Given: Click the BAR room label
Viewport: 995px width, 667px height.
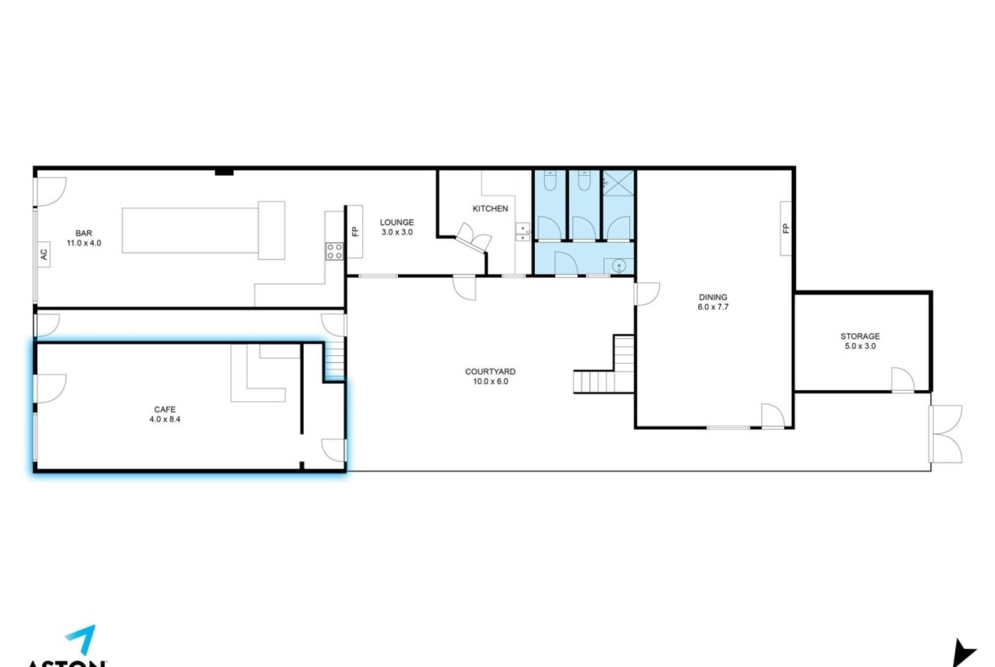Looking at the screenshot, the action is pos(83,234).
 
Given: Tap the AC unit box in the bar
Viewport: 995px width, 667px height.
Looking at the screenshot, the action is pos(43,254).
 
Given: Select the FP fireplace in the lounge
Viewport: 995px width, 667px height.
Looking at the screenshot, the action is pos(355,231).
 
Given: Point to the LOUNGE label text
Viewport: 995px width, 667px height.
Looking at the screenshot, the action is pos(396,223).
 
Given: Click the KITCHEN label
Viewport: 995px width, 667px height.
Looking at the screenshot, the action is pos(490,208).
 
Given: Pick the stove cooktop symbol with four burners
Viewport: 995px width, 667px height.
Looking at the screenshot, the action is pos(334,251).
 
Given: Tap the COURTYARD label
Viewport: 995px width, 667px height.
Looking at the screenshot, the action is pos(490,371).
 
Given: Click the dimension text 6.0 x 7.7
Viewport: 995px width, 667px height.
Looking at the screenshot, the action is pos(713,307).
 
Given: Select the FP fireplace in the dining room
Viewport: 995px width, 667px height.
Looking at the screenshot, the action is pos(786,229).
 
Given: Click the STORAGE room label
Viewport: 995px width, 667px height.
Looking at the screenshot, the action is pos(860,336).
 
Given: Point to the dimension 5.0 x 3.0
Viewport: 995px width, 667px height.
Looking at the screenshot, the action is pos(860,346).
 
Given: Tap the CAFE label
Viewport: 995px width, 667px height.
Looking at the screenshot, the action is pos(165,410).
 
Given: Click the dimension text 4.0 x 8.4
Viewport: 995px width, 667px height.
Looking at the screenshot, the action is pos(165,419).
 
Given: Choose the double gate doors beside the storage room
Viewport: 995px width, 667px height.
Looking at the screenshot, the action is pos(946,434).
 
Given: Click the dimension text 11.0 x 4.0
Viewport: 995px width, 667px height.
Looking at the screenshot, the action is pos(83,243).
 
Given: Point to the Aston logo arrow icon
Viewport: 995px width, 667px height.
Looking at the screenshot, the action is pos(82,638).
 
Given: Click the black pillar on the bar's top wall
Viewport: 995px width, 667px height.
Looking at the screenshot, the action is pos(224,172).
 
